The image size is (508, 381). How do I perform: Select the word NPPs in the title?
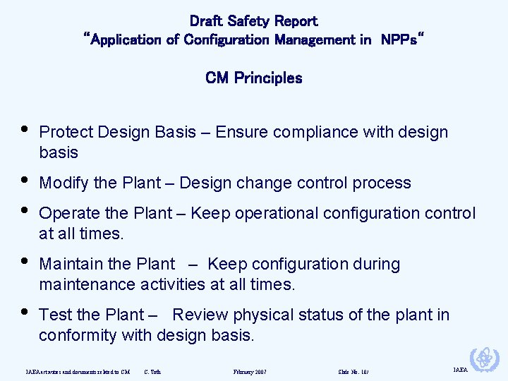click(x=400, y=40)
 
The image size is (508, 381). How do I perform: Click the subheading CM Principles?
click(x=253, y=78)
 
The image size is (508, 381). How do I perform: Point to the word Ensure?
click(x=239, y=133)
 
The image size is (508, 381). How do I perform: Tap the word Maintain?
click(x=69, y=265)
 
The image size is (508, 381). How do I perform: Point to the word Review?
click(x=199, y=315)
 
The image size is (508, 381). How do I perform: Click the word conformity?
click(x=78, y=335)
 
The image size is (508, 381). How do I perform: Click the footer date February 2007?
click(x=250, y=371)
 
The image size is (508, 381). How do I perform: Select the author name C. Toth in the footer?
click(x=152, y=371)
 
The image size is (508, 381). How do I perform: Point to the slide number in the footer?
click(x=353, y=371)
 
